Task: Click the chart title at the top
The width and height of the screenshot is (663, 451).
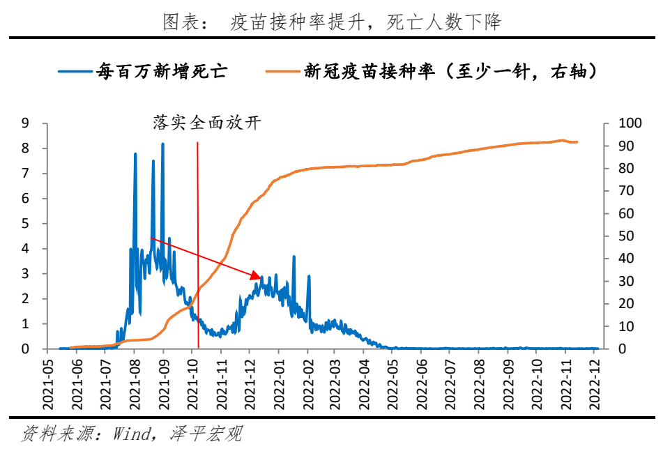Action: (x=332, y=22)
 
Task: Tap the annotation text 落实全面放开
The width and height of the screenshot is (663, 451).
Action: (x=206, y=123)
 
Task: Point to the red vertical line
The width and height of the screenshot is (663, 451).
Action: (x=198, y=244)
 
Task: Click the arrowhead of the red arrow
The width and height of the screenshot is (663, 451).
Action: (x=256, y=277)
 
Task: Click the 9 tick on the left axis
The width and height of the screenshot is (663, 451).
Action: (x=25, y=123)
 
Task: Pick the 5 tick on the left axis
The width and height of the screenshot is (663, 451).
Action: (x=25, y=224)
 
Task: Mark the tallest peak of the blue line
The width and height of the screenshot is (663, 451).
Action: (x=162, y=145)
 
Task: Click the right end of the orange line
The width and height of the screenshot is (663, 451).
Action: (x=577, y=142)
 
